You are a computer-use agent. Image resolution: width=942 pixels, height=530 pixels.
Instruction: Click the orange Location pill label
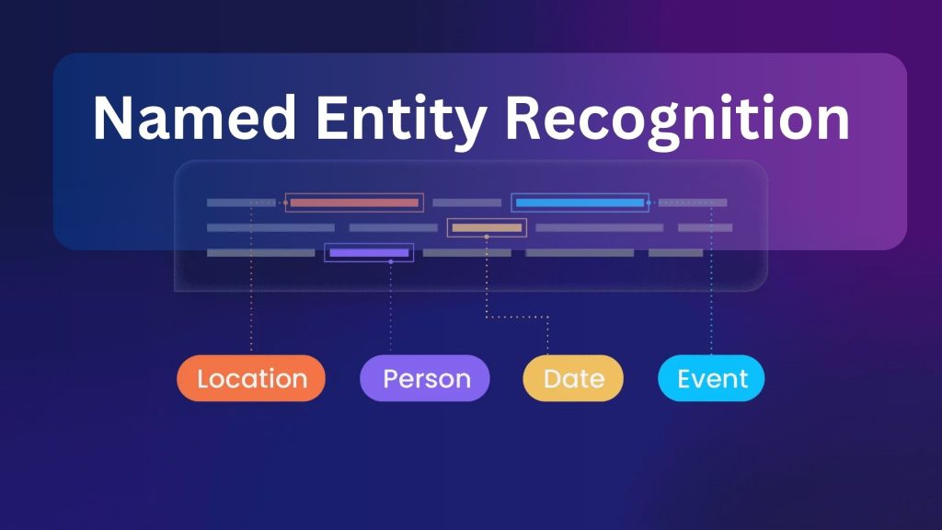coord(251,378)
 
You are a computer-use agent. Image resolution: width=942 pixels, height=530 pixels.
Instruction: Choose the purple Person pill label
coord(425,378)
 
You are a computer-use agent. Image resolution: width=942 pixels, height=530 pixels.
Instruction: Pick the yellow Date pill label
coord(573,378)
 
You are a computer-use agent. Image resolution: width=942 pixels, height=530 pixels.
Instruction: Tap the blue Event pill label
coord(712,378)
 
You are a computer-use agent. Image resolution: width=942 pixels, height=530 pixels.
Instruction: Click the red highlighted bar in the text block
coord(354,202)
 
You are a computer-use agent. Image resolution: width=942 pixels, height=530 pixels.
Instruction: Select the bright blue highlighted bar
coord(580,202)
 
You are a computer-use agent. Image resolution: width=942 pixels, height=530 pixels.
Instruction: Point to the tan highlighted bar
coord(487,227)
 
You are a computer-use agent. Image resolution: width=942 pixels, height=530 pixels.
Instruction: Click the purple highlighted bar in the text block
coord(369,252)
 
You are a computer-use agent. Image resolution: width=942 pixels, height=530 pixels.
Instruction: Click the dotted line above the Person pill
coord(391,313)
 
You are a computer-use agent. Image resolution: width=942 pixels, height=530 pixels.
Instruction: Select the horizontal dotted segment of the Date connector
coord(517,317)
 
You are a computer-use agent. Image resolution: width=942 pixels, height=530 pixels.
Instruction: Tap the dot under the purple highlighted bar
coord(391,262)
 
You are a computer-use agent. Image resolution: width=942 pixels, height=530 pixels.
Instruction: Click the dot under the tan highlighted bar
coord(487,237)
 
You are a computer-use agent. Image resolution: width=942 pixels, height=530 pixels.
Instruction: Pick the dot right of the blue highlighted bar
coord(649,202)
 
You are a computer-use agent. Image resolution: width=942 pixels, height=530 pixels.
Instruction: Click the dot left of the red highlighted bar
coord(285,202)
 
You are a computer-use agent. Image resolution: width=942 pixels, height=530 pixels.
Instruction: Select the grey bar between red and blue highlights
coord(466,202)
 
